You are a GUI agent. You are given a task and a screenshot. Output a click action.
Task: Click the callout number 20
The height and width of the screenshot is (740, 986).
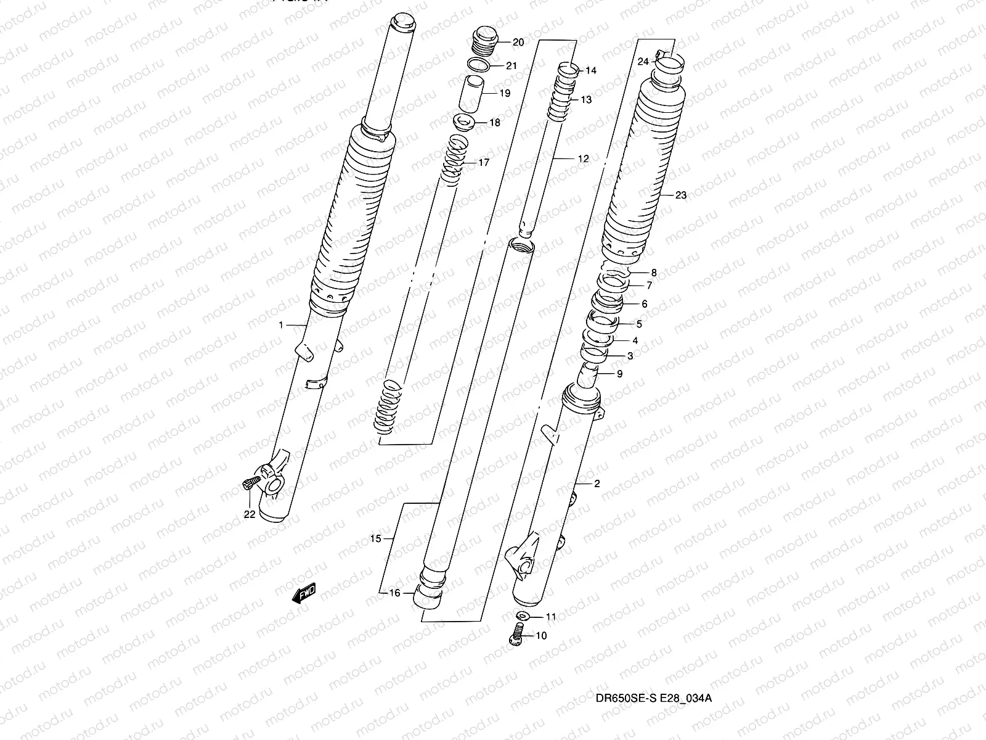click(x=518, y=43)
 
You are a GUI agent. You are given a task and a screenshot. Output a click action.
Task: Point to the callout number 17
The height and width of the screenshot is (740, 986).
click(x=483, y=163)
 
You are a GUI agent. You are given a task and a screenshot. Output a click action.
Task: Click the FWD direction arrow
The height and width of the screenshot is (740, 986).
click(x=304, y=593)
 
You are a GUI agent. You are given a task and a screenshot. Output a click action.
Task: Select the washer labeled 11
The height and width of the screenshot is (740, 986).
click(x=523, y=616)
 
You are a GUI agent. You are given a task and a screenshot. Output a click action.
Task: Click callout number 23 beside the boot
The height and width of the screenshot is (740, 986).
click(x=680, y=195)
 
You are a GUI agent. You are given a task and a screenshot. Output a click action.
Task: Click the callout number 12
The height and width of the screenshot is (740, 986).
click(x=583, y=158)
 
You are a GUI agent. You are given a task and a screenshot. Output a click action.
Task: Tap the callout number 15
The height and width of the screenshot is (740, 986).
click(x=375, y=539)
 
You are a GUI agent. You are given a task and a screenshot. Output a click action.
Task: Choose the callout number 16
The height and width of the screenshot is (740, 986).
click(x=394, y=593)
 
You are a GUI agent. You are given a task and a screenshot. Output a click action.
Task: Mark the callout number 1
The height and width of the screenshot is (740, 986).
click(x=281, y=324)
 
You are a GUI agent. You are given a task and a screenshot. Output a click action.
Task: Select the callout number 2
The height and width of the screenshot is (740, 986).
click(x=597, y=484)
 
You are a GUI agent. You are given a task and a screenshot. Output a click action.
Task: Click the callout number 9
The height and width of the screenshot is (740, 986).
click(x=619, y=374)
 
